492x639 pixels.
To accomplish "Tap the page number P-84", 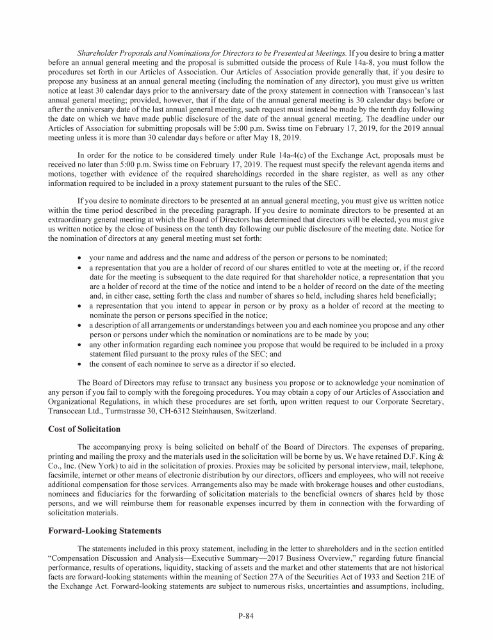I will click(x=246, y=616).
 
